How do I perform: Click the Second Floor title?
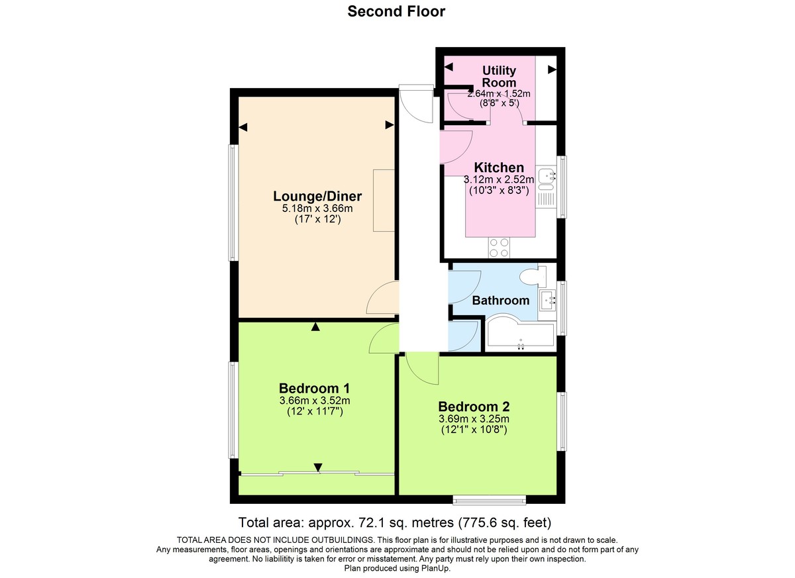coord(397,11)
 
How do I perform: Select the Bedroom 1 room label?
coord(314,388)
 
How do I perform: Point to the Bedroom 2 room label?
coord(473,407)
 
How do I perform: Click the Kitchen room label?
coord(499,168)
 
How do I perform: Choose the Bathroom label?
coord(500,300)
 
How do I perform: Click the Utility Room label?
coord(499,76)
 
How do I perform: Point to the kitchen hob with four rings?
coord(499,247)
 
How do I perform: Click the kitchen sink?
coord(547,177)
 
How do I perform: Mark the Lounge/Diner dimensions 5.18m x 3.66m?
coord(317,209)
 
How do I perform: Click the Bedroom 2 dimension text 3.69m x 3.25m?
coord(473,419)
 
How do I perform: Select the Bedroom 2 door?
coord(422,367)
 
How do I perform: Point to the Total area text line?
coord(395,521)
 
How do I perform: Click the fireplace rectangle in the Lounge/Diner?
coord(384,200)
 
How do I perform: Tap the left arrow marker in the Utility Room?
coord(449,67)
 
